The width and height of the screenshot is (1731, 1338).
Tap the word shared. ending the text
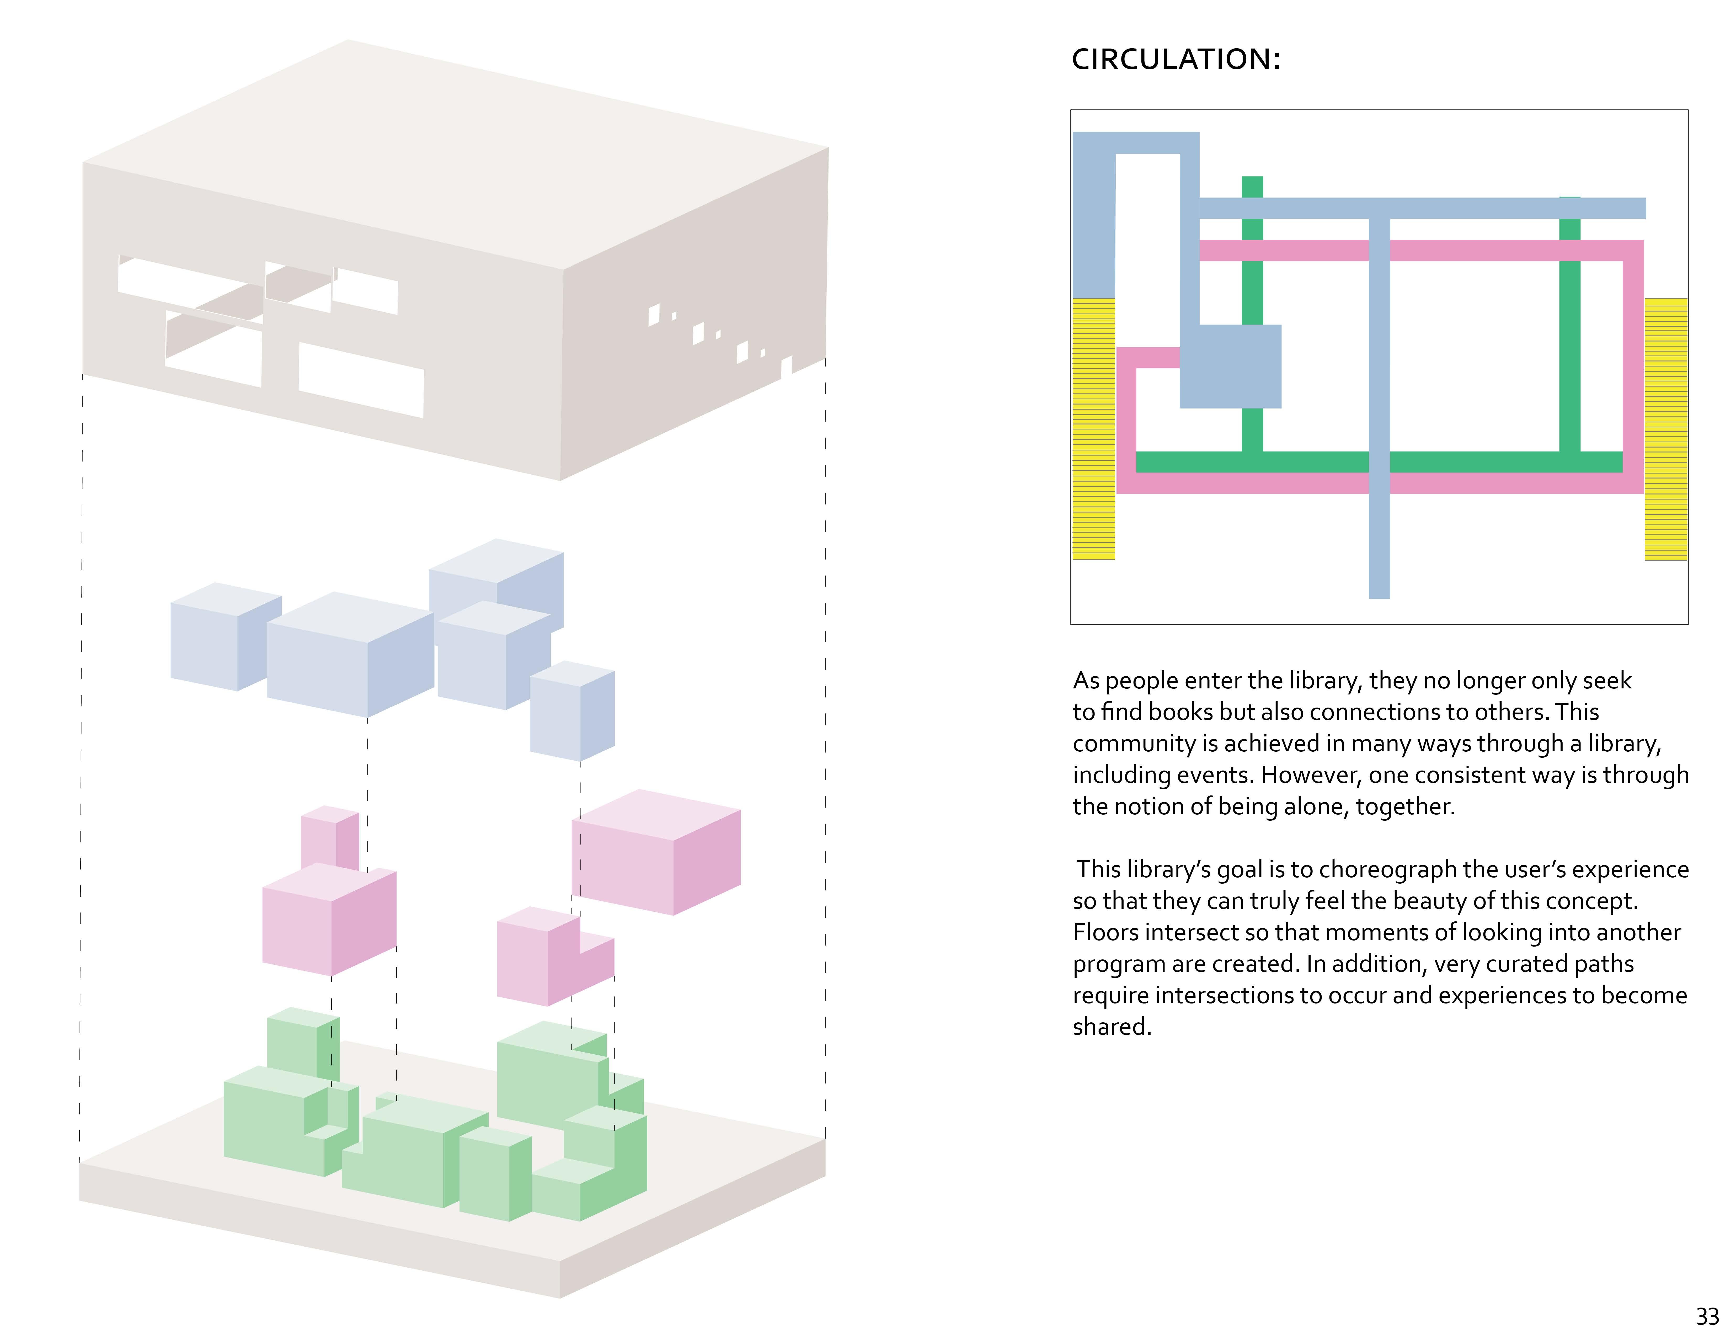click(1111, 1027)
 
